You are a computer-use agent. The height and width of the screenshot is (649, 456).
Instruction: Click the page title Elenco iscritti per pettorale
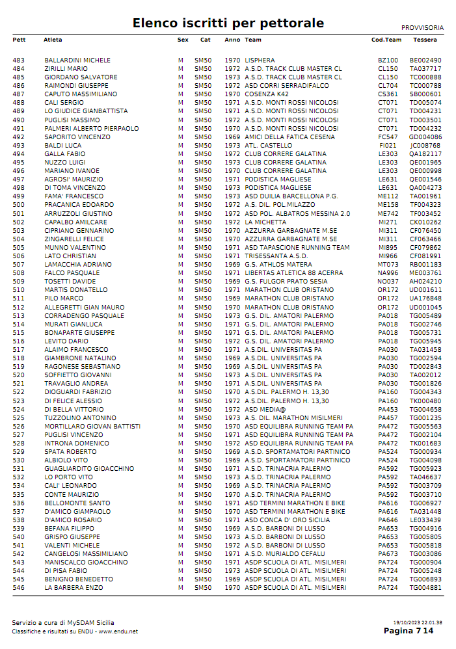coord(228,23)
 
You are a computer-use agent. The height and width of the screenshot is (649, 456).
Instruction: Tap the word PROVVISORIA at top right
coord(422,28)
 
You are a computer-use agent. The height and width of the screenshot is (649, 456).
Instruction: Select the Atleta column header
coord(53,40)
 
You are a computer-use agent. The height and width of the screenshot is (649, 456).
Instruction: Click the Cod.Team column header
coord(386,40)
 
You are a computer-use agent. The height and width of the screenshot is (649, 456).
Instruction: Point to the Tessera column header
coord(425,40)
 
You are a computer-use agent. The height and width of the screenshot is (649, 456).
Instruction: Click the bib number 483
coord(18,60)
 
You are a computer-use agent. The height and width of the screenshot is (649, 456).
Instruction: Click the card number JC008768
coord(425,146)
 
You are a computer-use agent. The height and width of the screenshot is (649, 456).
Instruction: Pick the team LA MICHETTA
coord(265,222)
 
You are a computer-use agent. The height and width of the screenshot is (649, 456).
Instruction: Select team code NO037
coord(388,282)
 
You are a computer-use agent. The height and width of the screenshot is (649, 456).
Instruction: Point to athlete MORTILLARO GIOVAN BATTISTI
coord(92,427)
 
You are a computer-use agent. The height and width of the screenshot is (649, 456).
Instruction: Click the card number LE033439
coord(425,520)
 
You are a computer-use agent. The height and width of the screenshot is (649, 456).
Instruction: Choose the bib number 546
coord(18,588)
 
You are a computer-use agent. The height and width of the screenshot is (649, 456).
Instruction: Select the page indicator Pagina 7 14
coord(408,631)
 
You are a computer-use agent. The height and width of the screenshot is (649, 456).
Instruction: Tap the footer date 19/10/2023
coord(406,623)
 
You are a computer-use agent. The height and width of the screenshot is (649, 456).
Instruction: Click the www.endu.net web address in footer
coord(118,631)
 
